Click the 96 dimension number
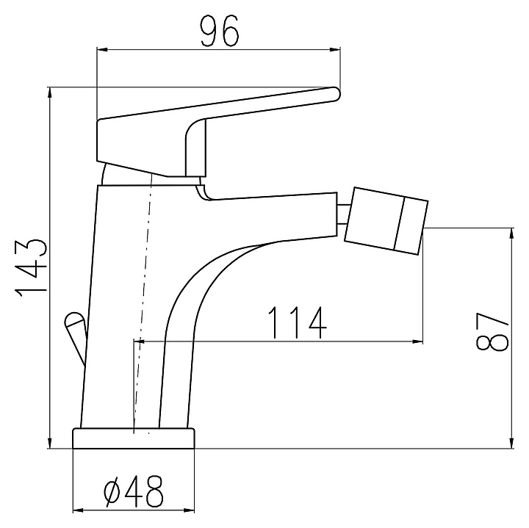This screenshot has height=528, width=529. coord(220,31)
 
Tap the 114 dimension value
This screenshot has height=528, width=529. coord(298,322)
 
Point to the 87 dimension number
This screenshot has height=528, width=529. coord(492,332)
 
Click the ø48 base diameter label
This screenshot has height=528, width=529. coord(134,491)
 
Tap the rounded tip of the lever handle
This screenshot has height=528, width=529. coord(335,94)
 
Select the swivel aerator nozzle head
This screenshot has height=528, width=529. coord(386,221)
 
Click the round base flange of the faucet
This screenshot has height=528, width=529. coord(134,438)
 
